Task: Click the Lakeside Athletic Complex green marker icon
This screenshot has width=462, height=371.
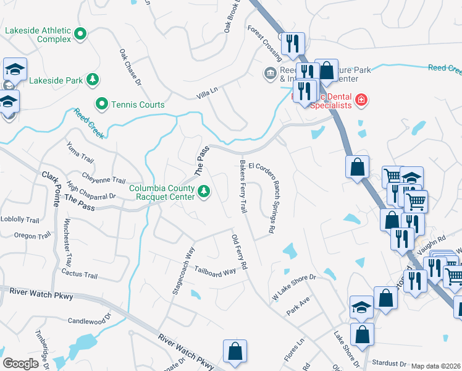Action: (x=80, y=36)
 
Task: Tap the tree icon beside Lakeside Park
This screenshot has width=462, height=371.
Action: (x=92, y=80)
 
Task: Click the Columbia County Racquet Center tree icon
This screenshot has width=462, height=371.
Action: (x=204, y=194)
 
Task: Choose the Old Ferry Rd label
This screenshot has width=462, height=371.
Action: (x=239, y=252)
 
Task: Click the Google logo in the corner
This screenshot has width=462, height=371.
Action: (x=20, y=363)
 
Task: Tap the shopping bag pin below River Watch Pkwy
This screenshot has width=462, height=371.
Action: (x=235, y=352)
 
